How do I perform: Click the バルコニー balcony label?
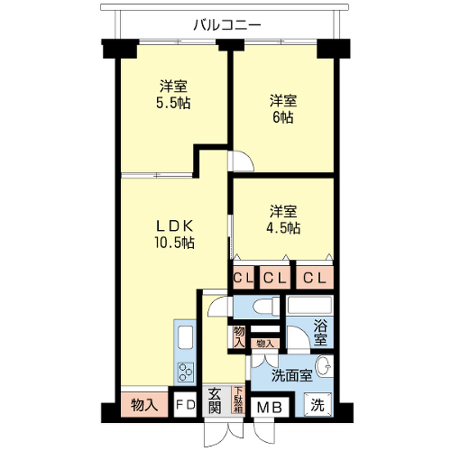(227, 25)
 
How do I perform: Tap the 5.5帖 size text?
(173, 103)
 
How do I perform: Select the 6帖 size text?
(283, 117)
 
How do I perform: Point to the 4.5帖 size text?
(283, 228)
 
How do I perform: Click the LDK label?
(174, 226)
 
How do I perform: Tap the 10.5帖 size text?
(174, 243)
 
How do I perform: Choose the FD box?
(185, 404)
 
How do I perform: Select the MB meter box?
(270, 408)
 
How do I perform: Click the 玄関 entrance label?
(215, 400)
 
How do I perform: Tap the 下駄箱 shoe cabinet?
(238, 399)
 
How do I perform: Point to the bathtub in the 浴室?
(309, 305)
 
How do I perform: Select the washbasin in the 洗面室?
(325, 366)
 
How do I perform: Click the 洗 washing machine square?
(318, 405)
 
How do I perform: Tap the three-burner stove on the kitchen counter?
(186, 372)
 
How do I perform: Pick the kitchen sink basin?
(185, 336)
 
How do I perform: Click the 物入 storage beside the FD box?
(144, 405)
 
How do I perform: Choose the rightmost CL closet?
(315, 278)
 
